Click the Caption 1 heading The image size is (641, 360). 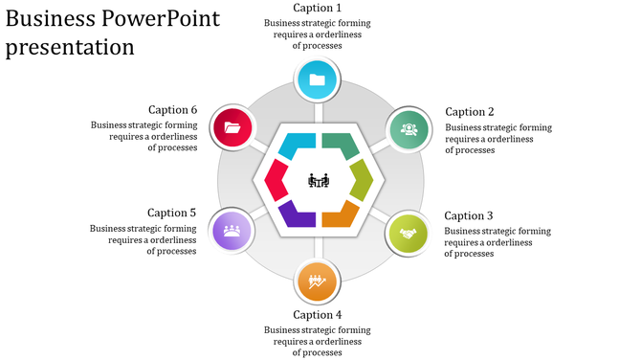[x=317, y=9]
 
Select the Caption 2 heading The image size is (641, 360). [x=470, y=112]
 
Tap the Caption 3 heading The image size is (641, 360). [x=469, y=215]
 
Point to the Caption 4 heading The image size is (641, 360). [x=317, y=314]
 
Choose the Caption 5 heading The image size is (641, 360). [x=172, y=213]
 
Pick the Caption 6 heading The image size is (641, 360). [x=172, y=110]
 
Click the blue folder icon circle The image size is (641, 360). [x=318, y=80]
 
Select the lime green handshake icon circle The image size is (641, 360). [x=409, y=232]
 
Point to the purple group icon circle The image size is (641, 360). [x=232, y=231]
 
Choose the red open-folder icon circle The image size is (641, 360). [x=232, y=127]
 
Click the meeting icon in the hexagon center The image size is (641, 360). [x=320, y=180]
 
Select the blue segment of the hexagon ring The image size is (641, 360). [x=298, y=146]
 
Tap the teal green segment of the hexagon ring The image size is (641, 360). [x=342, y=146]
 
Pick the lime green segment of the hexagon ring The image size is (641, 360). [x=362, y=180]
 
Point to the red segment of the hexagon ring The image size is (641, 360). [x=276, y=180]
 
